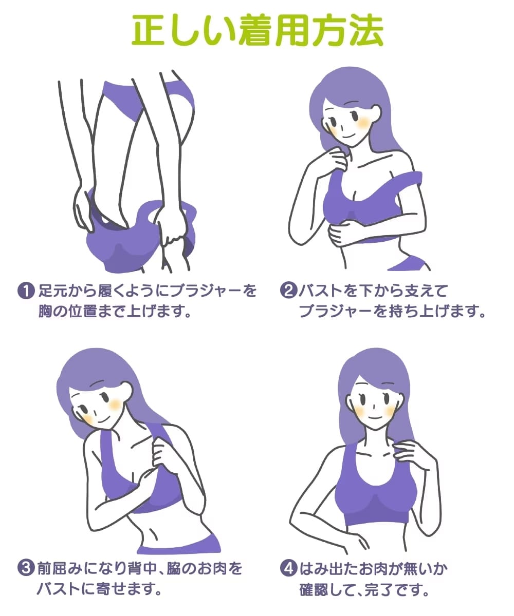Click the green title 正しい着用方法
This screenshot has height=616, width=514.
point(257,30)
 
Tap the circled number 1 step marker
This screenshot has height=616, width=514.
point(26,291)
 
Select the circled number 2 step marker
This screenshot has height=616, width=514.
point(288,291)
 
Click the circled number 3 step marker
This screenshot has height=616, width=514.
point(26,568)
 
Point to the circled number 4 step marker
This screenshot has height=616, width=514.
point(288,568)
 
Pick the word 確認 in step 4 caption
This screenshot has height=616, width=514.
point(314,589)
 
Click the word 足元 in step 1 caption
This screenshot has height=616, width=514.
point(53,291)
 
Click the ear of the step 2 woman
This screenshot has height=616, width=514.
point(375,113)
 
